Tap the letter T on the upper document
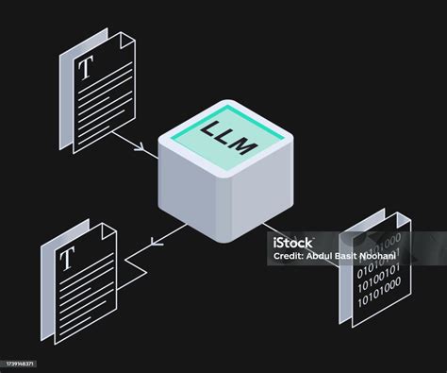pos(88,67)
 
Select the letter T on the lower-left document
pos(68,257)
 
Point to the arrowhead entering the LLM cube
pos(142,149)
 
